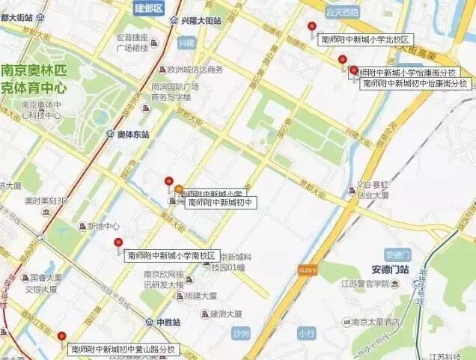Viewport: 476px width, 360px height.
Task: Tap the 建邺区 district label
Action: [148, 8]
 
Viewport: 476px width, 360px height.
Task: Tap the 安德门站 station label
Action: [389, 269]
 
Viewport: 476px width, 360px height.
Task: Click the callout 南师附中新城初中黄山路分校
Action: [123, 349]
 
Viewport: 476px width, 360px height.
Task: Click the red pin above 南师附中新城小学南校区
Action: [118, 242]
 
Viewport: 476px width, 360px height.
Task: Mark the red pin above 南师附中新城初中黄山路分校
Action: [61, 337]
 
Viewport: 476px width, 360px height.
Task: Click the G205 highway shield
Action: [305, 267]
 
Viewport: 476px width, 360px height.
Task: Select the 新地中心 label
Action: [103, 226]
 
